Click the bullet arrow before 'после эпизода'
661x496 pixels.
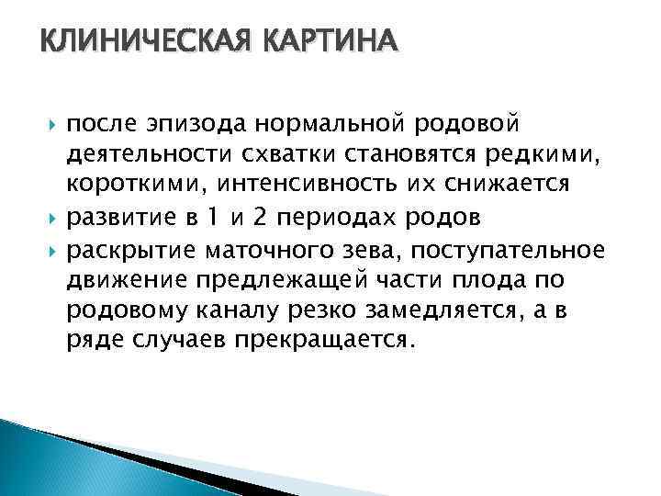[51, 123]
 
